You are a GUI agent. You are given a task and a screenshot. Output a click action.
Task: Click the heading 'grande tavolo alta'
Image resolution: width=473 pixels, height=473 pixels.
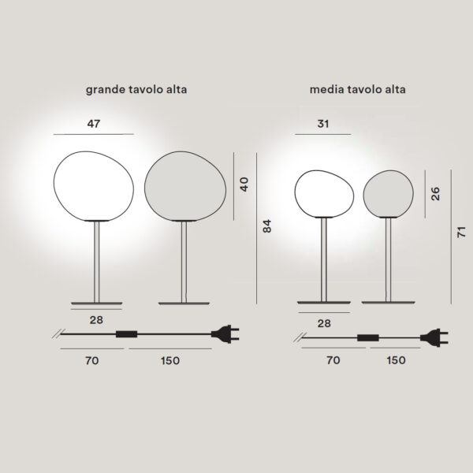click(136, 90)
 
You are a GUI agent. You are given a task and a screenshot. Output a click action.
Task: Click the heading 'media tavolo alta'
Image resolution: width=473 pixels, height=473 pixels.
click(357, 89)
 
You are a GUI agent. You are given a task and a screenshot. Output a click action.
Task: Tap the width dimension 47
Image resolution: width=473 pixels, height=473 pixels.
click(94, 124)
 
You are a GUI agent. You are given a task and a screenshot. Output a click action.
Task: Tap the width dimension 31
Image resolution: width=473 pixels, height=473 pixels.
click(322, 124)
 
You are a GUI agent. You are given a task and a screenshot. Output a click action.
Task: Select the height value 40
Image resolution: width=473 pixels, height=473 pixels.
click(244, 184)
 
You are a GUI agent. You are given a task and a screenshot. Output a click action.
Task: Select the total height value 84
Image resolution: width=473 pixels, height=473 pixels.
click(267, 226)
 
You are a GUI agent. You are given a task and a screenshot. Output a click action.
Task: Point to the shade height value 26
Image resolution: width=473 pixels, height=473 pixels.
click(435, 194)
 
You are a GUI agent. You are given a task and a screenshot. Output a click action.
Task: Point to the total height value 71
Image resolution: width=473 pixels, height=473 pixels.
click(461, 232)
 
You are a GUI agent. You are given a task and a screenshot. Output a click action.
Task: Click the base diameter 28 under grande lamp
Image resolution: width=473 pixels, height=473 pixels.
click(96, 320)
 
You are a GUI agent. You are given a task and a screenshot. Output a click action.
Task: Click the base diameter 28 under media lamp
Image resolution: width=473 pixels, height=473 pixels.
click(324, 323)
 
